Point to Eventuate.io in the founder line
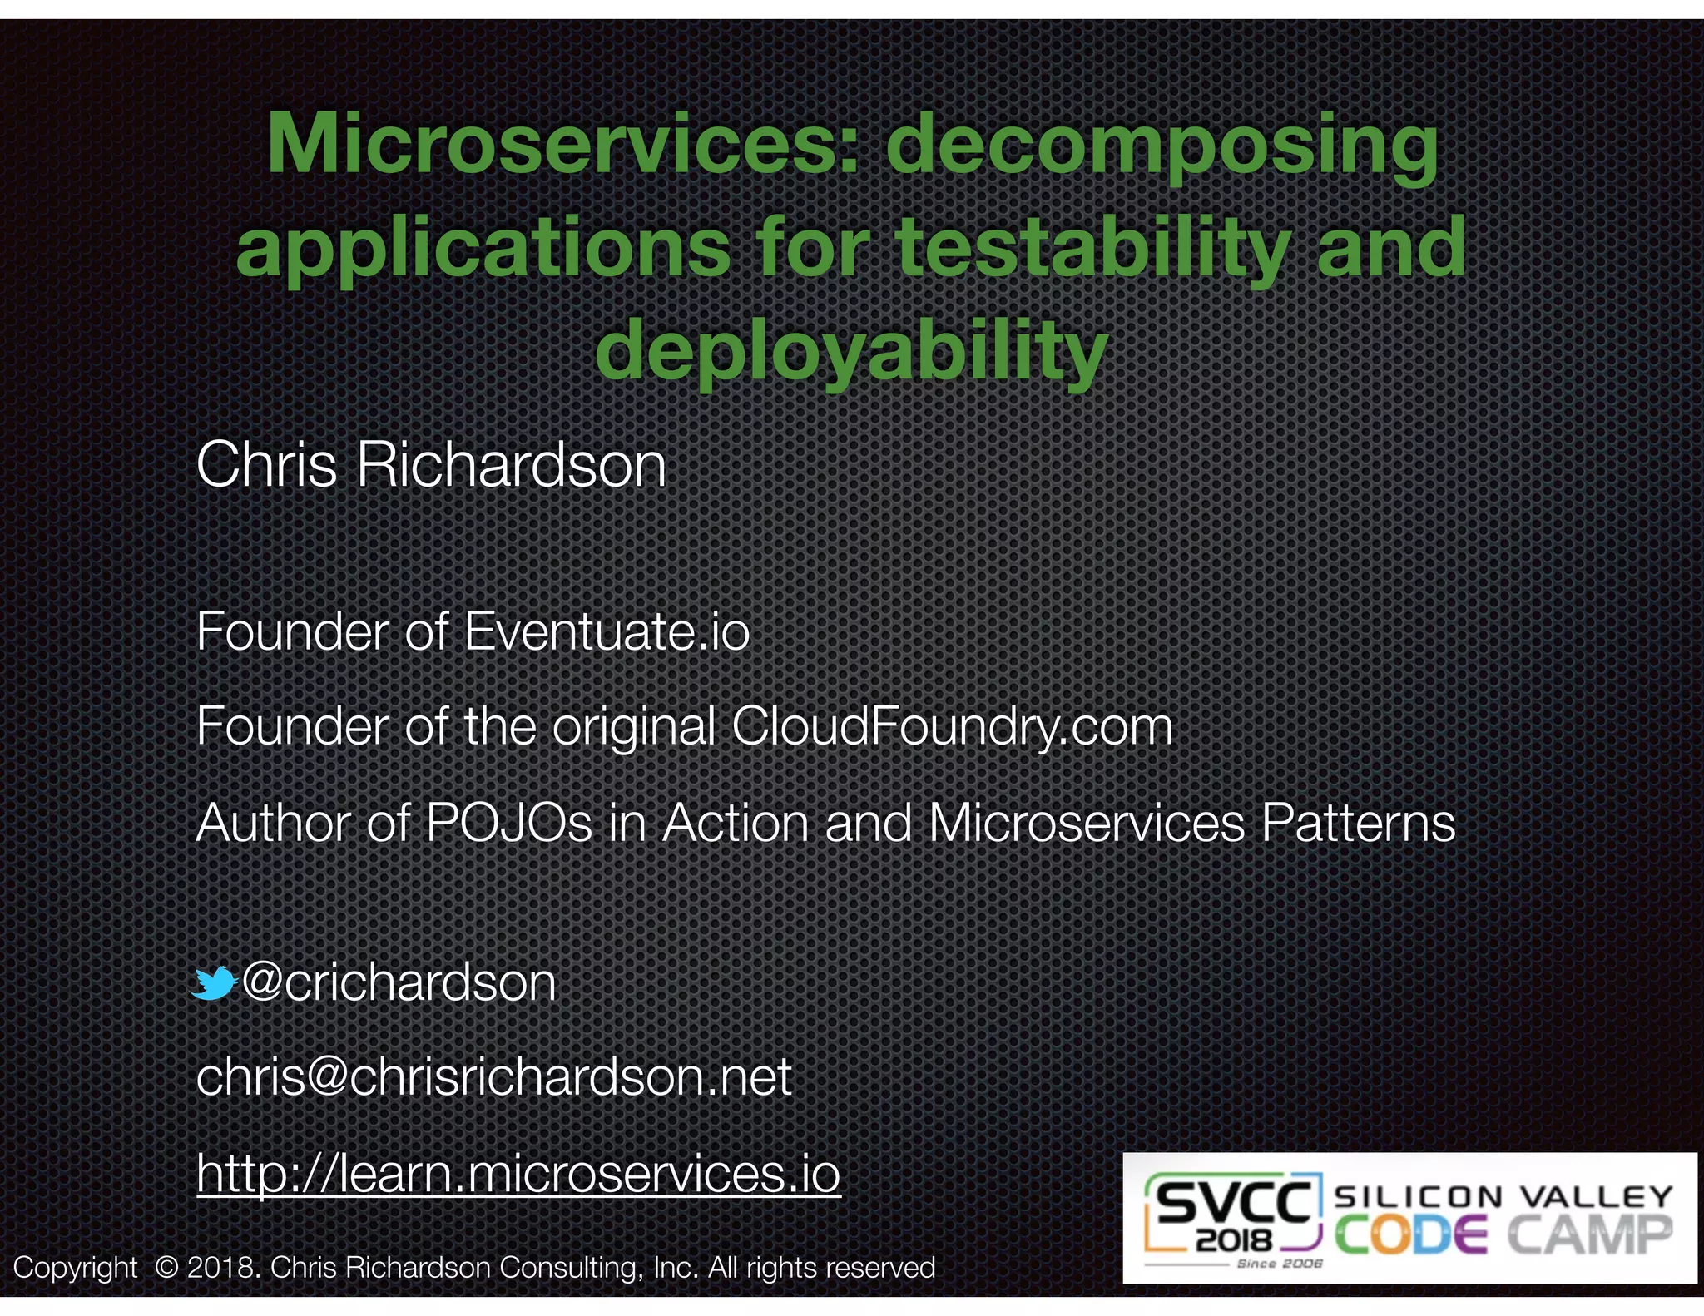point(607,631)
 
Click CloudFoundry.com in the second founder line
point(952,726)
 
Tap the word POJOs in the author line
point(508,823)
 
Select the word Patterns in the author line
point(1358,823)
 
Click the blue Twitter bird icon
point(213,983)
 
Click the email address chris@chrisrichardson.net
point(493,1077)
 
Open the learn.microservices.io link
point(518,1173)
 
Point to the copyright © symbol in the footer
point(166,1268)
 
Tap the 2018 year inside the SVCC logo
point(1234,1241)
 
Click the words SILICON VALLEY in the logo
point(1503,1196)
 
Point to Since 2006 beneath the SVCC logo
point(1279,1264)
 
